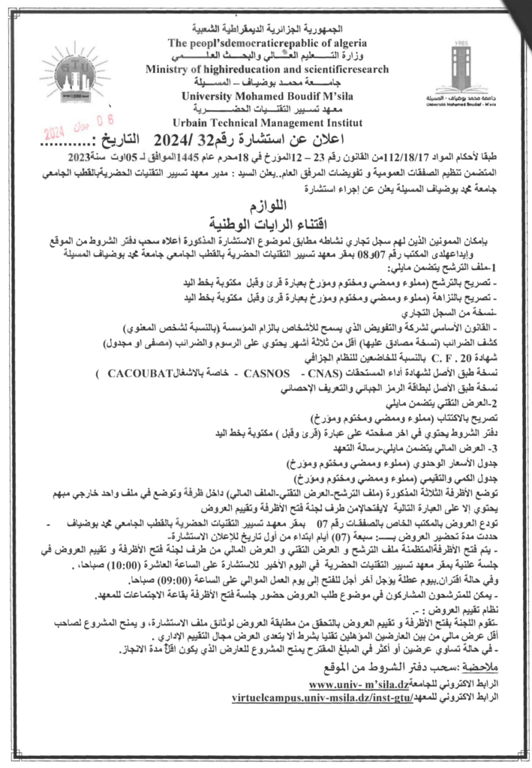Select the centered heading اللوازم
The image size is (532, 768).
point(266,205)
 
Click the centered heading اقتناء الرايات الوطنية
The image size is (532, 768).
point(265,223)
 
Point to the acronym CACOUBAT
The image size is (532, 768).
point(140,373)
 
